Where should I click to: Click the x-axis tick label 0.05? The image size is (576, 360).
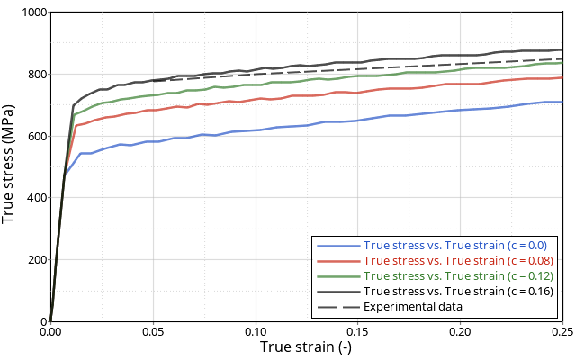(x=153, y=332)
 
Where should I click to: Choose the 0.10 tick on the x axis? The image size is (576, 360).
(x=256, y=332)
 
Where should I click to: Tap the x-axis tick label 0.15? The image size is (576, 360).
(x=358, y=332)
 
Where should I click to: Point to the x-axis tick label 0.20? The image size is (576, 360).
(x=460, y=332)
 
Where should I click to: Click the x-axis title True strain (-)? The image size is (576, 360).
(x=306, y=347)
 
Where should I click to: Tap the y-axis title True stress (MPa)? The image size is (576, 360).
(x=10, y=166)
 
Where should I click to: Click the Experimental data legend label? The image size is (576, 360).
(x=413, y=306)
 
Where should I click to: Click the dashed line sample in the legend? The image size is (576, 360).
(x=338, y=306)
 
